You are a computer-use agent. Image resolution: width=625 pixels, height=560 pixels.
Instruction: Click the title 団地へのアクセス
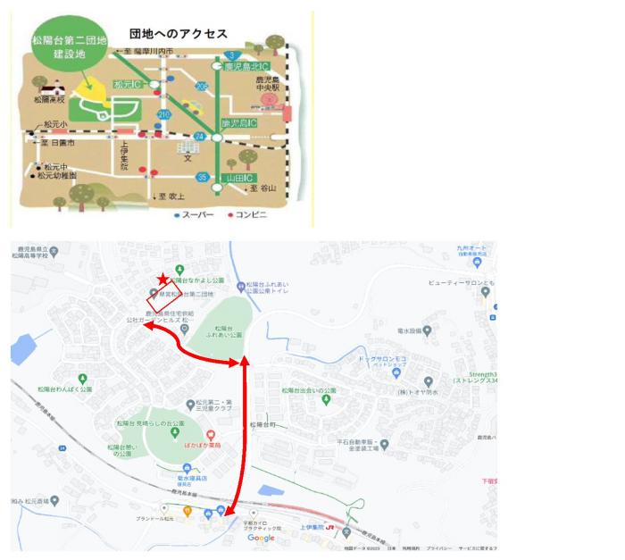(178, 33)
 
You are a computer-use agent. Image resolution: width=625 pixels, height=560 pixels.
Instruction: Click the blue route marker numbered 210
(163, 114)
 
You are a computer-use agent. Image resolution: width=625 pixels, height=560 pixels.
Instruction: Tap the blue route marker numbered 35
(203, 177)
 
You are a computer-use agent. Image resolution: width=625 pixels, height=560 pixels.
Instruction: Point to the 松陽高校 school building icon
(49, 88)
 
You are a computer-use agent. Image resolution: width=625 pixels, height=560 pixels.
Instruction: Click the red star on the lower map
(162, 280)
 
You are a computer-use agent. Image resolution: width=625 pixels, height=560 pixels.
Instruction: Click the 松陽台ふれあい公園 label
(222, 332)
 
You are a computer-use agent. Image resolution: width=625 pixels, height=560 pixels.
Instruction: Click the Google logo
(261, 538)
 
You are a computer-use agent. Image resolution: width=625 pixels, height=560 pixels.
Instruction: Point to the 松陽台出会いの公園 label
(308, 390)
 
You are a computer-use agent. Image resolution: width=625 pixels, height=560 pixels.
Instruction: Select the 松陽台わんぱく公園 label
(64, 389)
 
